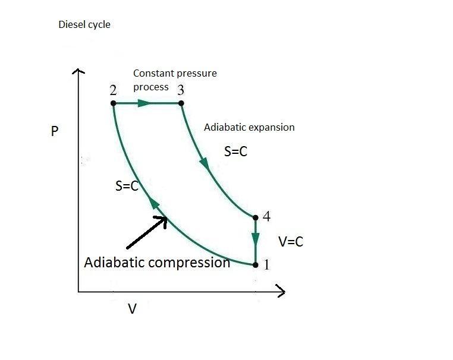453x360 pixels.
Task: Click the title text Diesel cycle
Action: pyautogui.click(x=84, y=25)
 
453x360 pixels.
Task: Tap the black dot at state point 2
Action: pyautogui.click(x=113, y=103)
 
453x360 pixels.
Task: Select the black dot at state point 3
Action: pyautogui.click(x=181, y=103)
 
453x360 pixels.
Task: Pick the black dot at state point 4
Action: pyautogui.click(x=256, y=217)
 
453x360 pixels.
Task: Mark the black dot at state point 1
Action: pyautogui.click(x=256, y=264)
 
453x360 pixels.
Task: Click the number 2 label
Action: pyautogui.click(x=113, y=90)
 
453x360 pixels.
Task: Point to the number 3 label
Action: pyautogui.click(x=181, y=90)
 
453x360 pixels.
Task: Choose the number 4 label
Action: pyautogui.click(x=266, y=217)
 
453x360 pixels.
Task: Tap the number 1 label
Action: pyautogui.click(x=266, y=265)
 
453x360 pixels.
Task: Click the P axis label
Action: pyautogui.click(x=54, y=131)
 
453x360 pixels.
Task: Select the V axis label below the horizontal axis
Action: pyautogui.click(x=133, y=310)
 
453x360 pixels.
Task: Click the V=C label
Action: pyautogui.click(x=291, y=242)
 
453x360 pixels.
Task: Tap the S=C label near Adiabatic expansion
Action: pyautogui.click(x=235, y=151)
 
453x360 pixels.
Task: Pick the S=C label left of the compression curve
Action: pyautogui.click(x=127, y=186)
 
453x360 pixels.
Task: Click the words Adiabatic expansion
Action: pyautogui.click(x=249, y=127)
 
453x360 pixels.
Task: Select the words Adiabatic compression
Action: pyautogui.click(x=157, y=263)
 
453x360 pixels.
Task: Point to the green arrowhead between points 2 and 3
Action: pyautogui.click(x=144, y=103)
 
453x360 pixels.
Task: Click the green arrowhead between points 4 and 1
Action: pyautogui.click(x=256, y=239)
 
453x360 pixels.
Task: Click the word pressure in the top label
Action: pyautogui.click(x=199, y=74)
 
